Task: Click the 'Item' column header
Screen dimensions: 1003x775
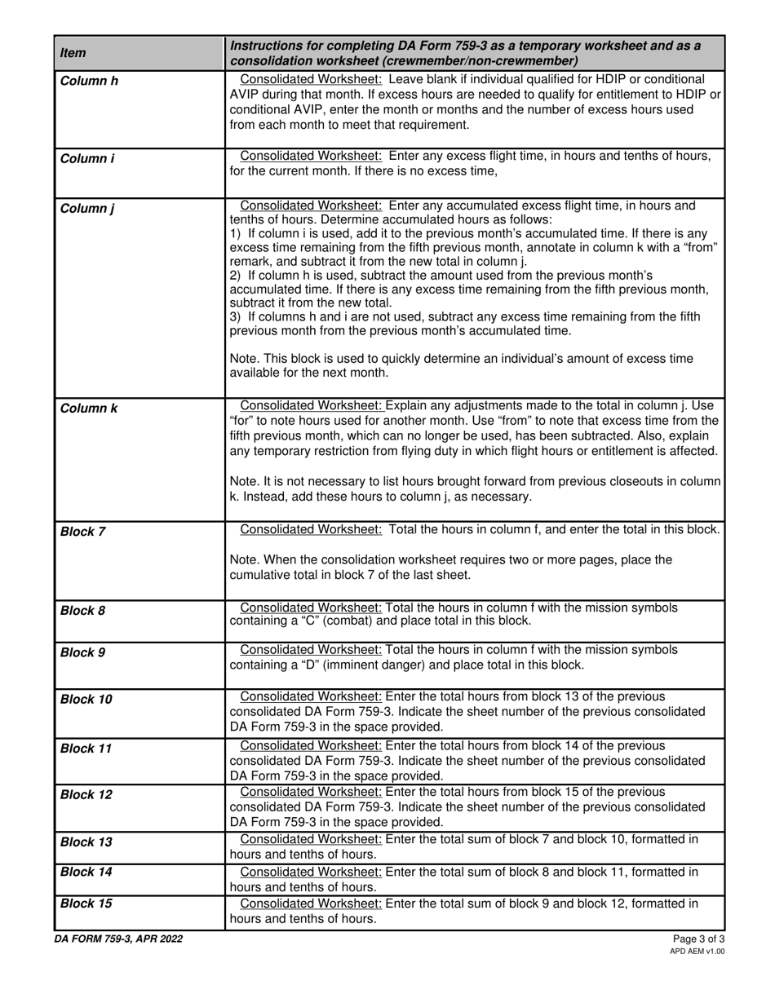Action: (x=73, y=53)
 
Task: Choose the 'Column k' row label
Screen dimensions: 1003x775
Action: (x=89, y=408)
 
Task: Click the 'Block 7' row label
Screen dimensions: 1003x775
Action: (x=83, y=532)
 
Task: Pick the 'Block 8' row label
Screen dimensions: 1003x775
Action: (x=83, y=610)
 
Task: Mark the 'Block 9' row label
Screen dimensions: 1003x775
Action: (x=83, y=652)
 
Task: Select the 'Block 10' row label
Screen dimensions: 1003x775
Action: (x=86, y=699)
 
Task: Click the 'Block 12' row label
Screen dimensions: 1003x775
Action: (x=86, y=794)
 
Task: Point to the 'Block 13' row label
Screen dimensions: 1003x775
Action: (x=86, y=841)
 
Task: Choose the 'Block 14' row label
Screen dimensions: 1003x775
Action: (x=86, y=872)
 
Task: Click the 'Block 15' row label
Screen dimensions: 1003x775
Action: (x=86, y=903)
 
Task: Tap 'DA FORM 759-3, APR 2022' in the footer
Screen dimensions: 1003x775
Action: (x=119, y=939)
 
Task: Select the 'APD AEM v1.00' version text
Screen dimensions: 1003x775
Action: (x=697, y=951)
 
